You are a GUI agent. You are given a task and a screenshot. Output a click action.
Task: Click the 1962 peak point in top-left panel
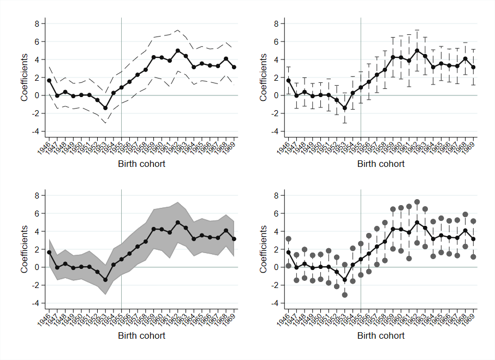pyautogui.click(x=178, y=51)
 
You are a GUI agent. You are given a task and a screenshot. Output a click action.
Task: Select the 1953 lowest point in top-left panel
pyautogui.click(x=105, y=108)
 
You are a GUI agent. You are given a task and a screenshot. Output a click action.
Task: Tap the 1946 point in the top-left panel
pyautogui.click(x=49, y=80)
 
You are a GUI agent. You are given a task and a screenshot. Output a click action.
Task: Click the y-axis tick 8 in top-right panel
pyautogui.click(x=276, y=23)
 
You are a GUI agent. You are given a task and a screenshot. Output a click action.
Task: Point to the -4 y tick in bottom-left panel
pyautogui.click(x=37, y=303)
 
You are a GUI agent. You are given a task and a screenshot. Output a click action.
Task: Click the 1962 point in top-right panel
pyautogui.click(x=418, y=51)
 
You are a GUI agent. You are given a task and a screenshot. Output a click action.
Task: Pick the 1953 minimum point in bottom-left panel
pyautogui.click(x=105, y=280)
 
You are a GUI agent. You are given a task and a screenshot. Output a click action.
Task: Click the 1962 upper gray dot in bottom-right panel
pyautogui.click(x=418, y=202)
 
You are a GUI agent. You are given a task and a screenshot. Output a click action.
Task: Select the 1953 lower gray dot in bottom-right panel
pyautogui.click(x=345, y=295)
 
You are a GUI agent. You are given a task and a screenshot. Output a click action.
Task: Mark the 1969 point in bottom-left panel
pyautogui.click(x=234, y=239)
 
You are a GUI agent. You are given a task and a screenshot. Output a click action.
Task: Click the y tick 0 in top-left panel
pyautogui.click(x=37, y=95)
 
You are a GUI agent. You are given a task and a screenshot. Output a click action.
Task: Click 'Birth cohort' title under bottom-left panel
pyautogui.click(x=142, y=335)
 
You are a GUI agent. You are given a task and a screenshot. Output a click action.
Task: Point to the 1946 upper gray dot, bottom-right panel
pyautogui.click(x=289, y=239)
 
